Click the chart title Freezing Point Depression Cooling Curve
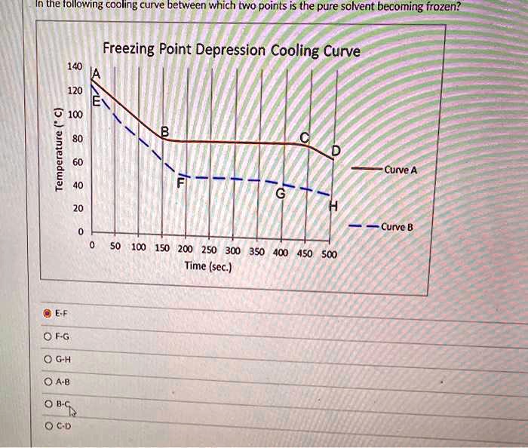click(x=231, y=51)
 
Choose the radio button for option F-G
click(x=48, y=336)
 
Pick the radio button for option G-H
click(x=48, y=360)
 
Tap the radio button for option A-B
click(x=48, y=382)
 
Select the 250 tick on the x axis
click(x=209, y=250)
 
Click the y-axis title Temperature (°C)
click(x=58, y=151)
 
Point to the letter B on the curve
click(x=165, y=133)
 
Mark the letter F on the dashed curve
click(x=180, y=183)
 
